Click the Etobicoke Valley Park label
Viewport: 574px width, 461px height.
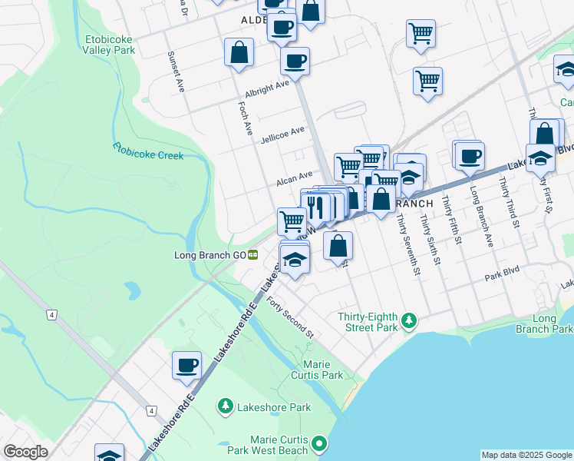109,44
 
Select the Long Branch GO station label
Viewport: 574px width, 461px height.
209,254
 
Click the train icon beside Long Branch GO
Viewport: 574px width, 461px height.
252,254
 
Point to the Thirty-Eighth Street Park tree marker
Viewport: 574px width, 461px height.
411,319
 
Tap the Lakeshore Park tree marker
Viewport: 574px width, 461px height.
226,405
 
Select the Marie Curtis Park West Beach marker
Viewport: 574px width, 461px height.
319,443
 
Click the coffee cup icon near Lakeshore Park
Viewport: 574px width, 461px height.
186,365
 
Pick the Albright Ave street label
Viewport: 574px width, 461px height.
267,89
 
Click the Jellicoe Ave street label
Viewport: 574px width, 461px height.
282,135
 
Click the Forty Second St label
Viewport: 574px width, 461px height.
290,316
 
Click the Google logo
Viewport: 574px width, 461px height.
25,451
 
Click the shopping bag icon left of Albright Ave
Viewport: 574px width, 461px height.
239,52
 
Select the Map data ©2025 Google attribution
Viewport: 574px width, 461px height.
526,455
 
